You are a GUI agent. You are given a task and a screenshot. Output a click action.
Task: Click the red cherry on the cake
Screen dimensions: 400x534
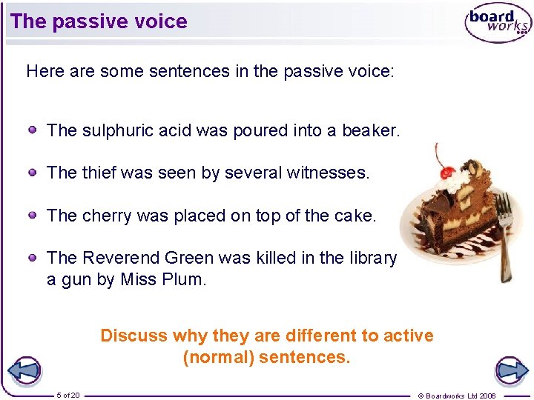coord(447,173)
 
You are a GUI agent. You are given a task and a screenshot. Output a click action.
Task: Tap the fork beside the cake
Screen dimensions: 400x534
coord(506,230)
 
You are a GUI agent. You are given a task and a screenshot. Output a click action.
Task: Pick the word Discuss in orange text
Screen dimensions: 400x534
coord(133,336)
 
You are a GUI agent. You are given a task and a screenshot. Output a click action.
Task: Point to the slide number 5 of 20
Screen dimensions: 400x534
coord(68,395)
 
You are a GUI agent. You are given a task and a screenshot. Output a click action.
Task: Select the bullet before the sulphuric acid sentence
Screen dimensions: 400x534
coord(33,130)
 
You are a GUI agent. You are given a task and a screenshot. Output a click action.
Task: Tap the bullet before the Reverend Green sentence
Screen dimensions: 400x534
coord(33,257)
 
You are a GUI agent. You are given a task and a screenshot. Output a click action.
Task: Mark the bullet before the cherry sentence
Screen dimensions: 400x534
coord(33,216)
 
